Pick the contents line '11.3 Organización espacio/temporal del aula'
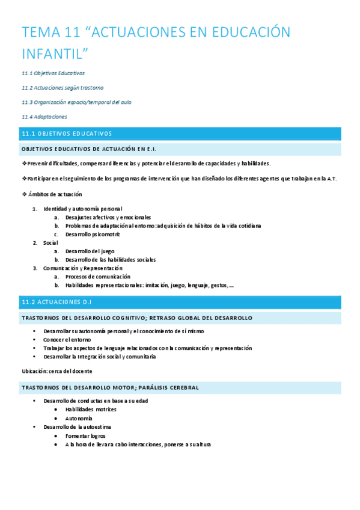[x=76, y=102]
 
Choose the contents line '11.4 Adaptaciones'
[x=44, y=117]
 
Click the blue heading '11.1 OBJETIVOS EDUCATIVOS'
[x=67, y=134]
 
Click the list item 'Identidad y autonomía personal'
[x=82, y=209]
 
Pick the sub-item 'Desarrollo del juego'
[x=90, y=251]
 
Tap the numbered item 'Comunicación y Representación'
[x=82, y=268]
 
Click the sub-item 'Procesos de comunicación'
[x=97, y=277]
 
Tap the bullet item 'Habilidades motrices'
[x=91, y=409]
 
